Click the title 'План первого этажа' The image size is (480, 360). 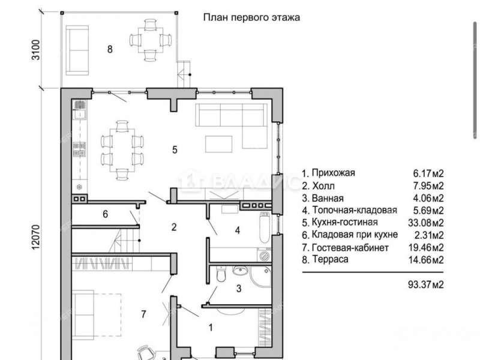[252, 17]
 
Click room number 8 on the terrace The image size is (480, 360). [110, 50]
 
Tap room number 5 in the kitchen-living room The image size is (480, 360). [175, 149]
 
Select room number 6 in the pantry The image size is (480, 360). [105, 214]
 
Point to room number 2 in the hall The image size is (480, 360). [174, 227]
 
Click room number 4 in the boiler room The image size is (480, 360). [237, 230]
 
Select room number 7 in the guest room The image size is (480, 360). [143, 314]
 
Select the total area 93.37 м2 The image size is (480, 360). [425, 285]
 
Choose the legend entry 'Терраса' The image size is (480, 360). [325, 260]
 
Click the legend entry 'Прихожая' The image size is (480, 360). [329, 173]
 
